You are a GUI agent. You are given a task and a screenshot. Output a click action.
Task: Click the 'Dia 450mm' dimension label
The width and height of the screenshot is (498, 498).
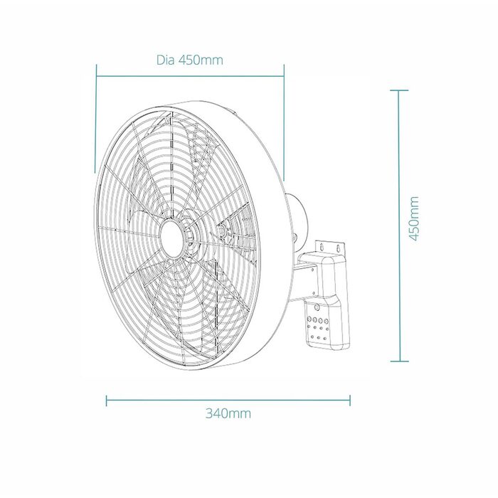[190, 60]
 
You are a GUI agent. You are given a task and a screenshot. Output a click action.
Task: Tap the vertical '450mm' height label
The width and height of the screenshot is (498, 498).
[413, 219]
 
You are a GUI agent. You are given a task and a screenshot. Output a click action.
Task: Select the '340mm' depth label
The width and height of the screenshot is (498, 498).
[228, 413]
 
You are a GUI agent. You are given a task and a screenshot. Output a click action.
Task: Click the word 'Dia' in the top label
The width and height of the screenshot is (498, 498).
[166, 60]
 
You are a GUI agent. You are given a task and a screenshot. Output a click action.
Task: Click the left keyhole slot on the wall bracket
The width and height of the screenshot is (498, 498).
[323, 246]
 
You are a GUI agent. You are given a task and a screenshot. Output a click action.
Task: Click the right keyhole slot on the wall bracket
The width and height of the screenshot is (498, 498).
[339, 247]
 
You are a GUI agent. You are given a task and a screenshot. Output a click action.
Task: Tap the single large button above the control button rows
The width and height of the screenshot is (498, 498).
[317, 308]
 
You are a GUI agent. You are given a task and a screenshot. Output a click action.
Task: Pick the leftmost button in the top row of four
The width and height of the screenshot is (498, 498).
[309, 319]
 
